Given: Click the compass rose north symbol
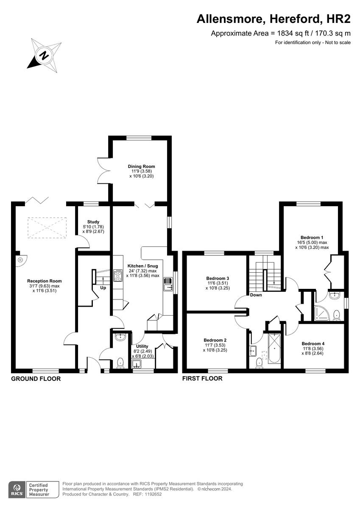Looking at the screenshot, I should [x=44, y=54].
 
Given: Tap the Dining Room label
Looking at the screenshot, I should [x=141, y=166].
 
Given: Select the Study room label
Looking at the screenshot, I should [x=93, y=222].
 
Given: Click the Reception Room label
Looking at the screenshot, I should [x=44, y=281].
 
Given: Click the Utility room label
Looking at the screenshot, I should [x=142, y=346].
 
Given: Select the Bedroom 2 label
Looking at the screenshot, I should [x=215, y=340].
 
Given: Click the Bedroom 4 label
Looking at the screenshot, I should [x=313, y=344].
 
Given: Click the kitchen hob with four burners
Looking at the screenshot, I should [x=118, y=276].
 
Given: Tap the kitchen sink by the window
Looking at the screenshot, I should [x=168, y=284].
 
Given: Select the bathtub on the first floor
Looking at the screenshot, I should [x=274, y=349].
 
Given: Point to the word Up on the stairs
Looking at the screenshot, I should [x=103, y=288].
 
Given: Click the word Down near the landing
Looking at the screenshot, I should [x=256, y=295].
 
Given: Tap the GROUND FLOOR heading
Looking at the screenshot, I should [x=36, y=379].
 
